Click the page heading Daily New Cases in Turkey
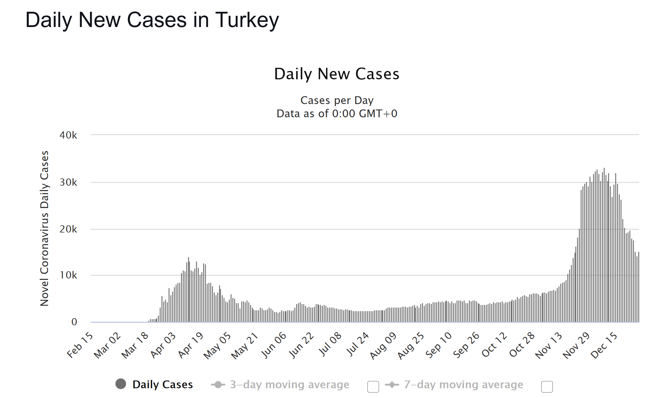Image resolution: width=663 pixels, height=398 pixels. click(x=152, y=20)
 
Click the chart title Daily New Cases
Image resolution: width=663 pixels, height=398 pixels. click(x=337, y=74)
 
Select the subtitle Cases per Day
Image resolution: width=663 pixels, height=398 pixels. click(x=337, y=100)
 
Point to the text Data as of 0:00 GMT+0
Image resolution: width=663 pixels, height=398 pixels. click(x=337, y=114)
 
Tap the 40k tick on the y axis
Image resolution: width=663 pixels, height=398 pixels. click(x=68, y=135)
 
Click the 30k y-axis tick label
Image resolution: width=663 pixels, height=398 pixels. click(x=68, y=182)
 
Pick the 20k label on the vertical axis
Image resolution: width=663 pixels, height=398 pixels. click(x=68, y=229)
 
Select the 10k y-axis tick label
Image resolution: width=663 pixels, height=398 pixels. click(x=68, y=275)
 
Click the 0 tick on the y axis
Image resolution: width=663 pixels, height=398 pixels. click(x=74, y=322)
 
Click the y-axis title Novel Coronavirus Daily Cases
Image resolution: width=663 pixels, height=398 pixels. click(x=44, y=228)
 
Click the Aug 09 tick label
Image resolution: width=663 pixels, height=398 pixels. click(x=383, y=345)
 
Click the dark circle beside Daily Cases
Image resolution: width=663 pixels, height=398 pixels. click(x=121, y=384)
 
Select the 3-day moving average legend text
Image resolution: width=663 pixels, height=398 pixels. click(x=289, y=384)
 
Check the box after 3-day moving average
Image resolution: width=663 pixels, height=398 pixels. click(x=373, y=387)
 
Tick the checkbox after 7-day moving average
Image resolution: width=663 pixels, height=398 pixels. click(x=547, y=387)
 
